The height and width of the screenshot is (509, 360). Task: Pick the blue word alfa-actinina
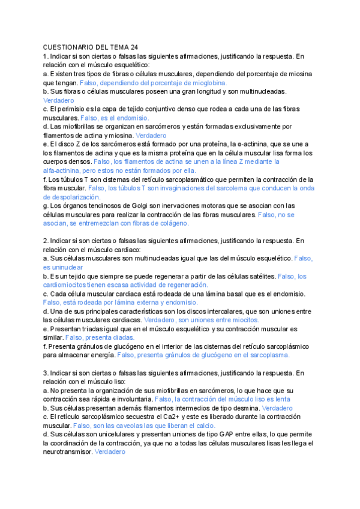[63, 170]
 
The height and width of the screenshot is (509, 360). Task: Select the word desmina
[227, 408]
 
